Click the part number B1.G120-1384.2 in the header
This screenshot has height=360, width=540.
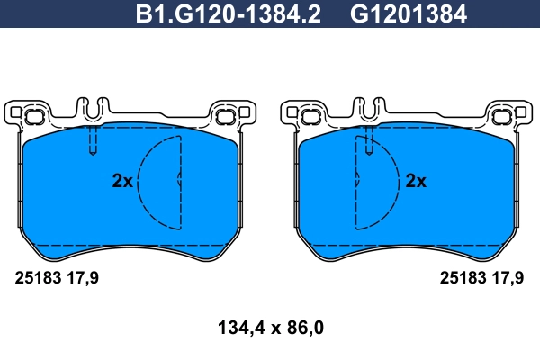[x=229, y=14]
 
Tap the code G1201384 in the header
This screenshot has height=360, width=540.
[x=409, y=14]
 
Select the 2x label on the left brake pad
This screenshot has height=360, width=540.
[x=122, y=181]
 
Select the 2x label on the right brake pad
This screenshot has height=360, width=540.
[x=416, y=181]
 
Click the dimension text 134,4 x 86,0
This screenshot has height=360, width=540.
[x=271, y=328]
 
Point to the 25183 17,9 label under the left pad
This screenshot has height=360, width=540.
[x=57, y=278]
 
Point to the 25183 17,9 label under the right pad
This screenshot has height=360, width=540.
[x=481, y=278]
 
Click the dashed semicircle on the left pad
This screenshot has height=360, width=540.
[x=139, y=183]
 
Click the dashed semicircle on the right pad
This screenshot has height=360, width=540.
[x=399, y=183]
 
